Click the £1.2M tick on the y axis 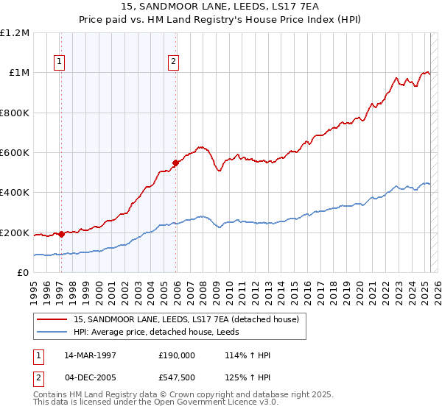point(15,33)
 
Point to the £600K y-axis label point(15,153)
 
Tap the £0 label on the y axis point(24,273)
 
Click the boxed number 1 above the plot point(59,63)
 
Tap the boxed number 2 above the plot point(173,63)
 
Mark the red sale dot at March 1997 point(61,235)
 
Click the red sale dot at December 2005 point(175,163)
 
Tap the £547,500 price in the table point(176,377)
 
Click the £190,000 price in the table point(176,354)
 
